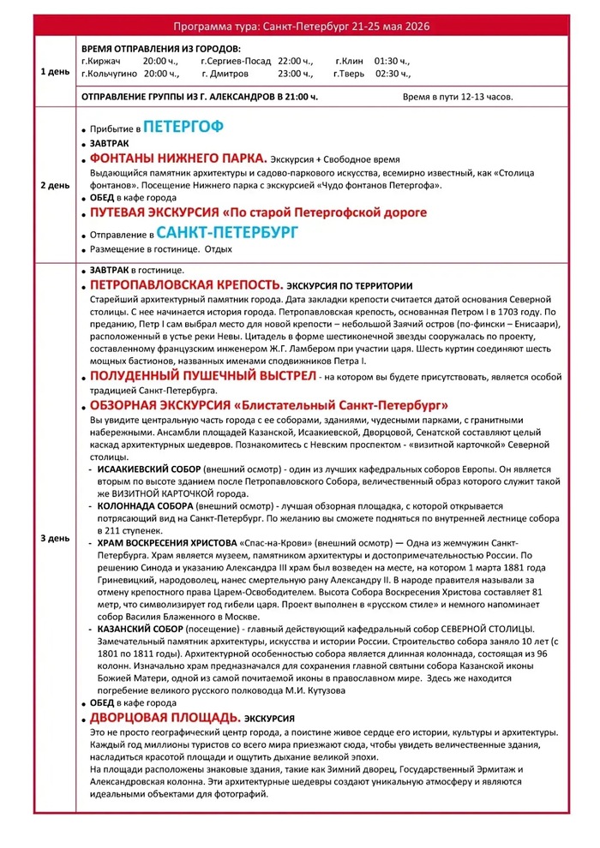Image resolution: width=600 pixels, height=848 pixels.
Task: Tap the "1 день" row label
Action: [x=55, y=72]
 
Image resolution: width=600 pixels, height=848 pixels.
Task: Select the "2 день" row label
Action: [x=55, y=184]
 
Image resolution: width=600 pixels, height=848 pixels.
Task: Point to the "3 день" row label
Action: [x=55, y=538]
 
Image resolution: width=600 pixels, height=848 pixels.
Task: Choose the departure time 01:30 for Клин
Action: [x=393, y=61]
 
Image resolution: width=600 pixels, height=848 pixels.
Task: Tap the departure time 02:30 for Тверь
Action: [x=393, y=74]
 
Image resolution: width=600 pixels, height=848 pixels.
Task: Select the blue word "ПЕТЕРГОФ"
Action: [x=183, y=127]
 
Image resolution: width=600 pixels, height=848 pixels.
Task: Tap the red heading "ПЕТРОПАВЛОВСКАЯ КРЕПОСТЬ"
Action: [x=185, y=284]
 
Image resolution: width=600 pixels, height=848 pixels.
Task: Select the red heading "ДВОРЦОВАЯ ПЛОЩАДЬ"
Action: [x=165, y=717]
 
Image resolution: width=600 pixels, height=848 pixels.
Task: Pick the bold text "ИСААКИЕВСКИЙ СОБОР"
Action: [x=148, y=470]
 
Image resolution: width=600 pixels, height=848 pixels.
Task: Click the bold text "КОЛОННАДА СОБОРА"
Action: [x=144, y=506]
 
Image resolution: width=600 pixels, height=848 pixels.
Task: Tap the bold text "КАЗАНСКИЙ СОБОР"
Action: [x=140, y=630]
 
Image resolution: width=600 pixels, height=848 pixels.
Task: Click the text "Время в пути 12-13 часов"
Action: [x=458, y=97]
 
